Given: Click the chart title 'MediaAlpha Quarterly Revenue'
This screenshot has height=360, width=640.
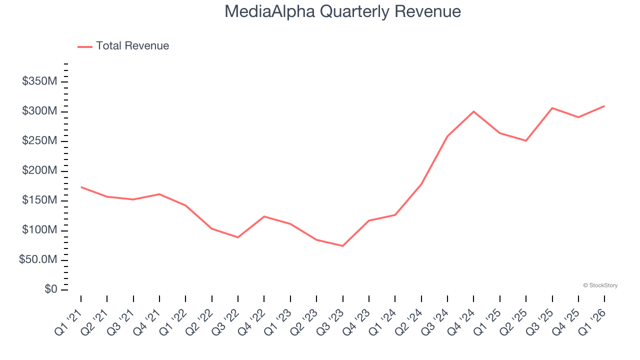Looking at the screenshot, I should coord(342,11).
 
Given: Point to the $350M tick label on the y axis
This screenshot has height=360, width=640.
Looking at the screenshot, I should coord(39,81).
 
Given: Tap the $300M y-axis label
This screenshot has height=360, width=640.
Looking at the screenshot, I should coord(39,111).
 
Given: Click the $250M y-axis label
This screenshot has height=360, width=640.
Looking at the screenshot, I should coord(39,141).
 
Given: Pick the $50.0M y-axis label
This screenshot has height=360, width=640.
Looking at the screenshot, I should coord(38,260).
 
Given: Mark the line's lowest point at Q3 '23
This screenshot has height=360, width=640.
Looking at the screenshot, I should coord(342,246).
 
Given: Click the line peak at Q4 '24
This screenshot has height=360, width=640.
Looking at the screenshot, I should coord(473,111).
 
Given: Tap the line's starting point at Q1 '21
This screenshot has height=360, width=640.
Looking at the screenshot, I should coord(81,187).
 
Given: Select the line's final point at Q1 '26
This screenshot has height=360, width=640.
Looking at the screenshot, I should coord(604,106).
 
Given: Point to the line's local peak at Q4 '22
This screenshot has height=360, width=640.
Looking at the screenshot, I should coord(264,216).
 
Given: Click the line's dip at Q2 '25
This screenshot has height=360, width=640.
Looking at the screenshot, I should coord(526,140).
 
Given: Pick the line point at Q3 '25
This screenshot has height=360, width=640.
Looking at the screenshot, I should coord(552,108).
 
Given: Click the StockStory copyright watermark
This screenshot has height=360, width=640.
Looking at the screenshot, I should coord(600,285).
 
